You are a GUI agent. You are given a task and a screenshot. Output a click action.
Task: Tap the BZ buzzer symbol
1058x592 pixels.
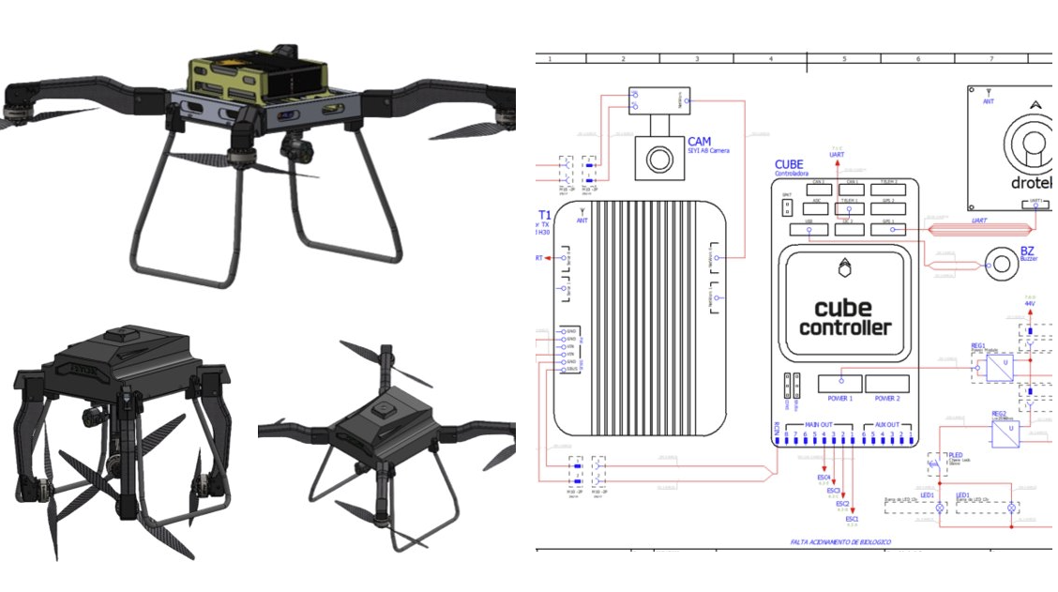pyautogui.click(x=1001, y=265)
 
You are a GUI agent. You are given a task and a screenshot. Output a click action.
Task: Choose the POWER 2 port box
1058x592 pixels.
pyautogui.click(x=886, y=383)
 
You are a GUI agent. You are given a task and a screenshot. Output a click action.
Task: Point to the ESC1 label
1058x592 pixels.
pyautogui.click(x=852, y=519)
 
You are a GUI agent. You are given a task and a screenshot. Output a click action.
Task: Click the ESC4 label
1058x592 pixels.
pyautogui.click(x=824, y=478)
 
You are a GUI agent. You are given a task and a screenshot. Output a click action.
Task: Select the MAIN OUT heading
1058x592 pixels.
pyautogui.click(x=819, y=425)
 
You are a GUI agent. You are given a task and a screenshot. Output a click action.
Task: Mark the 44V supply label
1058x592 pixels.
pyautogui.click(x=1029, y=304)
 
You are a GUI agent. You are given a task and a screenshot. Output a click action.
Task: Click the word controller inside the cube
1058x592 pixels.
pyautogui.click(x=845, y=327)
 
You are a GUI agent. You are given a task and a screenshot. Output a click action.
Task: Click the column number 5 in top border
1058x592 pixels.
pyautogui.click(x=844, y=58)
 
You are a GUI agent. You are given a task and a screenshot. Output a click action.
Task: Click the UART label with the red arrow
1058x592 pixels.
pyautogui.click(x=837, y=154)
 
